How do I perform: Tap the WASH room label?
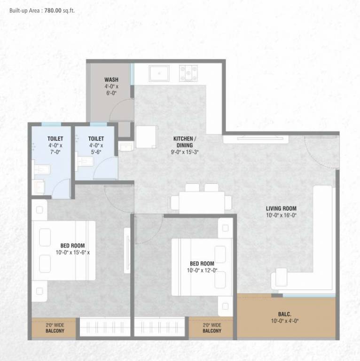[x=111, y=80]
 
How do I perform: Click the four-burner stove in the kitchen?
[x=188, y=73]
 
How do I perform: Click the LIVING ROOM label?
[x=281, y=209]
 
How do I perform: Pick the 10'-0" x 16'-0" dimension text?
[x=281, y=215]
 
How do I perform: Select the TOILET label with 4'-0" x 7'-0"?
[x=55, y=139]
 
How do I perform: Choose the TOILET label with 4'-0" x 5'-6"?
[x=96, y=139]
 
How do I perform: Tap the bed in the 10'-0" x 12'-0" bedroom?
[x=202, y=267]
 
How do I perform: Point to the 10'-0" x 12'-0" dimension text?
[x=202, y=270]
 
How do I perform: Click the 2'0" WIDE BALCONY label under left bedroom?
[x=55, y=328]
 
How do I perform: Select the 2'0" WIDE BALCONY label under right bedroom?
[x=212, y=328]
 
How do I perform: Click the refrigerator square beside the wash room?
[x=147, y=137]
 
